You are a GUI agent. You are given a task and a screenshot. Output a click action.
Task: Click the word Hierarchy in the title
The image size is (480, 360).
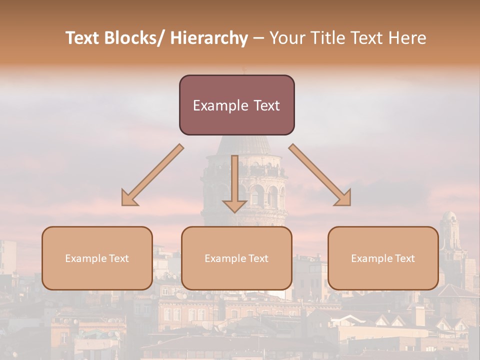pyautogui.click(x=209, y=38)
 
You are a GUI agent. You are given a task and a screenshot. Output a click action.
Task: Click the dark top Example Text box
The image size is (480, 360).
pyautogui.click(x=236, y=105)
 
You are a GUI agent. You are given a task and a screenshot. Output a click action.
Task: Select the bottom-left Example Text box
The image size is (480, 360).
pyautogui.click(x=97, y=258)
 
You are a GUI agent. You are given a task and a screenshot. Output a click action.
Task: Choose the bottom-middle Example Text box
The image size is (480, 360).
pyautogui.click(x=236, y=258)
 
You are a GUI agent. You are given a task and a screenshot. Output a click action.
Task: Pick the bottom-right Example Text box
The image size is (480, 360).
pyautogui.click(x=383, y=258)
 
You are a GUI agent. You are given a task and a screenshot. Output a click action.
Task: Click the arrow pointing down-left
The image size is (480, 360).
pyautogui.click(x=152, y=175)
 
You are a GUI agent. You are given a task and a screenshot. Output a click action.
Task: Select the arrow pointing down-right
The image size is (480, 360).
pyautogui.click(x=320, y=175)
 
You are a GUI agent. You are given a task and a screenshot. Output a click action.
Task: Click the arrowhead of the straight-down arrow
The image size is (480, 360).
pyautogui.click(x=234, y=205)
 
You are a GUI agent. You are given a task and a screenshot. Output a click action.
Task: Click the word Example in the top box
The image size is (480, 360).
pyautogui.click(x=213, y=105)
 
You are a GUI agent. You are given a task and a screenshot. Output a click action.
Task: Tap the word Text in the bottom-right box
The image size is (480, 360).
pyautogui.click(x=404, y=258)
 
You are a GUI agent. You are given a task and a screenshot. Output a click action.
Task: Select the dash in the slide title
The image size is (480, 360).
pyautogui.click(x=258, y=38)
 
